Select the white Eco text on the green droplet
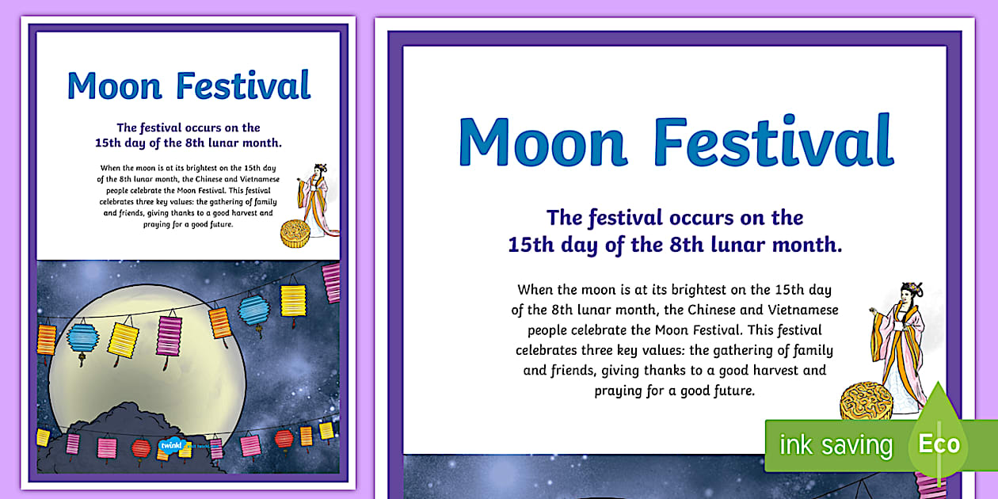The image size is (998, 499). click(x=939, y=444)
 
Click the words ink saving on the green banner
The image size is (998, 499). click(x=836, y=445)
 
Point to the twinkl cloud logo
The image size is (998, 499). click(x=171, y=445)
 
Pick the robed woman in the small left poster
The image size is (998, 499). click(x=319, y=202)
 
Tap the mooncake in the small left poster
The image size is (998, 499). click(x=295, y=234)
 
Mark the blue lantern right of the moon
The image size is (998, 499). click(x=254, y=309)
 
